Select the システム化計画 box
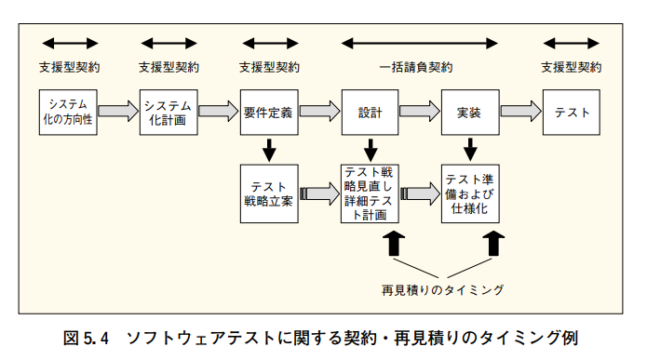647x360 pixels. coord(168,113)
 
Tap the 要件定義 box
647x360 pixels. coord(269,113)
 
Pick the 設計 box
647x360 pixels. coord(370,113)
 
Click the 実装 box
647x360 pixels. coord(470,113)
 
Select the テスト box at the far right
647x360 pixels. coord(572,113)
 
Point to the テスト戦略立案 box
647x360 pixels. coord(269,193)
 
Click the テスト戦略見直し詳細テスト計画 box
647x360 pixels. coord(370,193)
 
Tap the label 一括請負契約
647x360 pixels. coord(420,68)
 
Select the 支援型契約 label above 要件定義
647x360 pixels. coord(269,68)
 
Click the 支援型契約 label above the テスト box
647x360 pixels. coord(572,68)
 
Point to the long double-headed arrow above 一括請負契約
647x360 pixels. coord(420,43)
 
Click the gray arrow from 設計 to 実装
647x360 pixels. coord(420,113)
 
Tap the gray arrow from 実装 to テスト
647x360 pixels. coord(520,113)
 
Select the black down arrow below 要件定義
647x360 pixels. coord(269,149)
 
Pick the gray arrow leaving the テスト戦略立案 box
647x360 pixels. coord(319,193)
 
